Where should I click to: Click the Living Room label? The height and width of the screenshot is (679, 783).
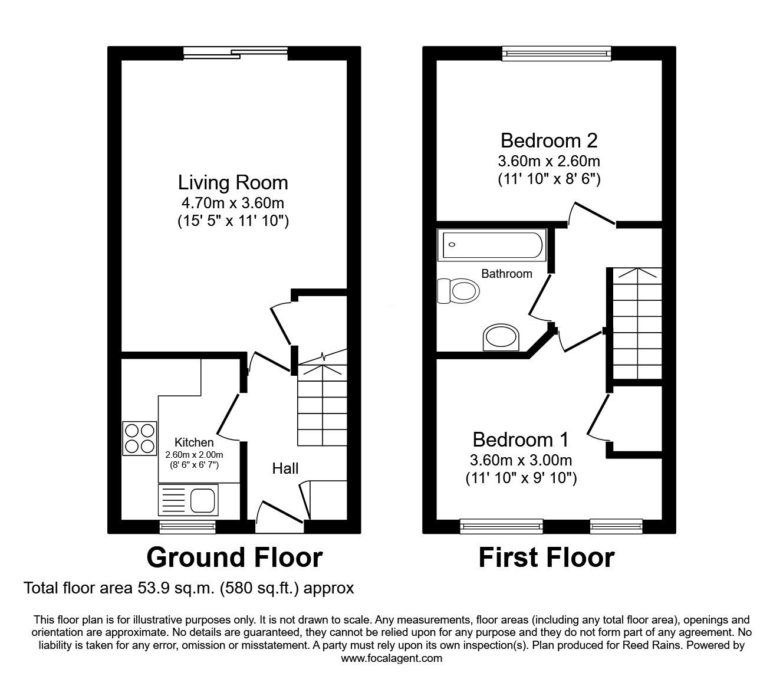tap(233, 183)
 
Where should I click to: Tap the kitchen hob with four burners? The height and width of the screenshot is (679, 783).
tap(140, 438)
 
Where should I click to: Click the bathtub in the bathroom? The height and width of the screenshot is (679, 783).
tap(492, 245)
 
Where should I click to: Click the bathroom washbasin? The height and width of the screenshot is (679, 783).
tap(501, 338)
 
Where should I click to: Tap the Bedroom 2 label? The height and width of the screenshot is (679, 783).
tap(549, 141)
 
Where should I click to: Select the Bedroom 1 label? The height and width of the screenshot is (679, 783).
tap(521, 440)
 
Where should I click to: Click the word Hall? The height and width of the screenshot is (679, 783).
tap(285, 468)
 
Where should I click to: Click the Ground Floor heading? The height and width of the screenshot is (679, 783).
tap(234, 557)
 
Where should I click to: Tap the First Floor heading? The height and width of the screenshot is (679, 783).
tap(546, 557)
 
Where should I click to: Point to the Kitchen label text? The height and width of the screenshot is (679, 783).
tap(194, 442)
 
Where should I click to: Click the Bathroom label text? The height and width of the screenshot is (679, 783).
tap(506, 274)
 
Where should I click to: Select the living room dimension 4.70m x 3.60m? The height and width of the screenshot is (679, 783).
tap(233, 204)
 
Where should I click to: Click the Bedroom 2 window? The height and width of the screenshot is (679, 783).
tap(557, 54)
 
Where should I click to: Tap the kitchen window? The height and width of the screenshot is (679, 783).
tap(187, 526)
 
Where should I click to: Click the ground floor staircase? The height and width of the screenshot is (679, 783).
tap(322, 401)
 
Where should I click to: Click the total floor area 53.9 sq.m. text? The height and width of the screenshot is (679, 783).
tap(189, 588)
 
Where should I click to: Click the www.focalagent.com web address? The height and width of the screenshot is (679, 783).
tap(391, 658)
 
